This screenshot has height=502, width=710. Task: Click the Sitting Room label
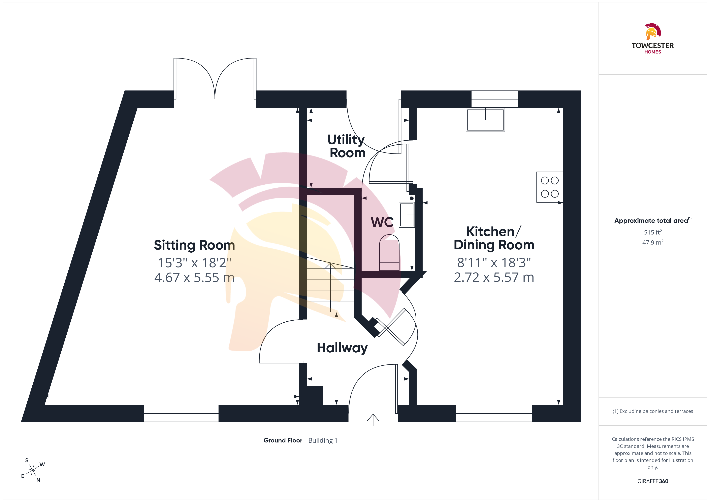(x=195, y=245)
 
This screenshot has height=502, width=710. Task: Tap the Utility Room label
(x=347, y=146)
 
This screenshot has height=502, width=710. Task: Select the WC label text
(x=382, y=222)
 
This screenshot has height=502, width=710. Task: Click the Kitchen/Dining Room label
(x=494, y=238)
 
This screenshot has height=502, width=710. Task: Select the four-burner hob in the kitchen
(x=550, y=187)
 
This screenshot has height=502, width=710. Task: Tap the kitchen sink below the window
(x=485, y=120)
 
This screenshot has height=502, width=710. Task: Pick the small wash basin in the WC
(x=407, y=215)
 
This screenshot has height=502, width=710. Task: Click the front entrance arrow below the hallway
(x=373, y=420)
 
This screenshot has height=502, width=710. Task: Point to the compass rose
(x=32, y=470)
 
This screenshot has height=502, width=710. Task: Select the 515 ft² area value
(x=653, y=232)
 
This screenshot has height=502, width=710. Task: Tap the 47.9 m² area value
(x=653, y=242)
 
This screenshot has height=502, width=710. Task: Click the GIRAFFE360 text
(x=653, y=481)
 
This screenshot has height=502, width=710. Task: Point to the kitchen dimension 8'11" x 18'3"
(x=494, y=263)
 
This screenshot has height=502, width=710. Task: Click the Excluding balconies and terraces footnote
(x=653, y=411)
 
